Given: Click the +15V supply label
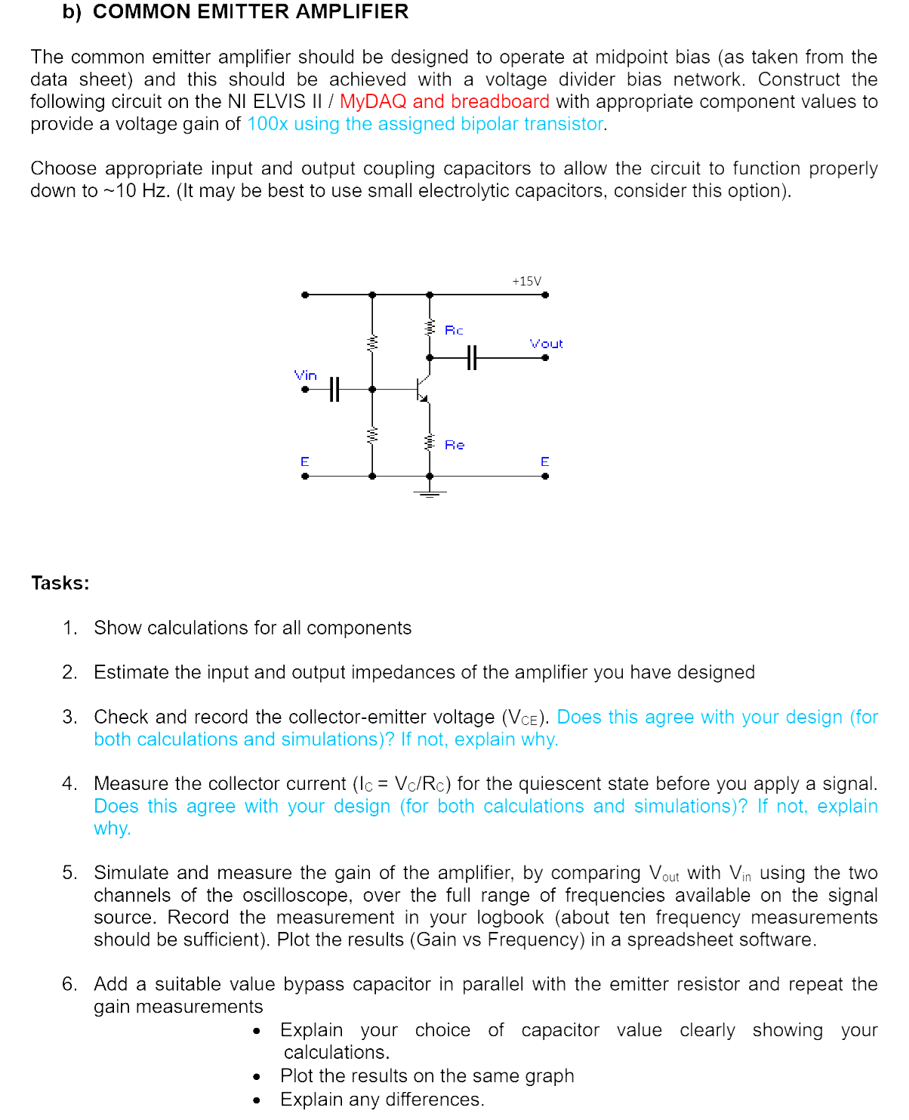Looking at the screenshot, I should [526, 281].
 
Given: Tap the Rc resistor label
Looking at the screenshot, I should [454, 330].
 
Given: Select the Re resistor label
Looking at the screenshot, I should [454, 445].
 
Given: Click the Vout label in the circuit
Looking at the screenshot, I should [546, 344].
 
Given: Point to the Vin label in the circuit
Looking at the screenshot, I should [306, 375].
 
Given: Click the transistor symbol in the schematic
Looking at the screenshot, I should [423, 389].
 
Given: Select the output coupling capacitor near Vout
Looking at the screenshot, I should [472, 357].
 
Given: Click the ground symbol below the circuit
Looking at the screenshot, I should [430, 493].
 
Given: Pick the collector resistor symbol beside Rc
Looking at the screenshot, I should [430, 328].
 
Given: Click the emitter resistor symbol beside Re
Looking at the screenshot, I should [430, 441].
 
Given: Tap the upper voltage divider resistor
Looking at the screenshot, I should [371, 343].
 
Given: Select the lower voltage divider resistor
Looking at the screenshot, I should [371, 436].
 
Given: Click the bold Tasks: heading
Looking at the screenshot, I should [60, 583].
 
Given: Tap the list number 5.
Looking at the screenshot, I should [69, 873].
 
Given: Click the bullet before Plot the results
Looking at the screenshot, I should [257, 1077].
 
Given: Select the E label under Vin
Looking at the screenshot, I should [305, 461].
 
